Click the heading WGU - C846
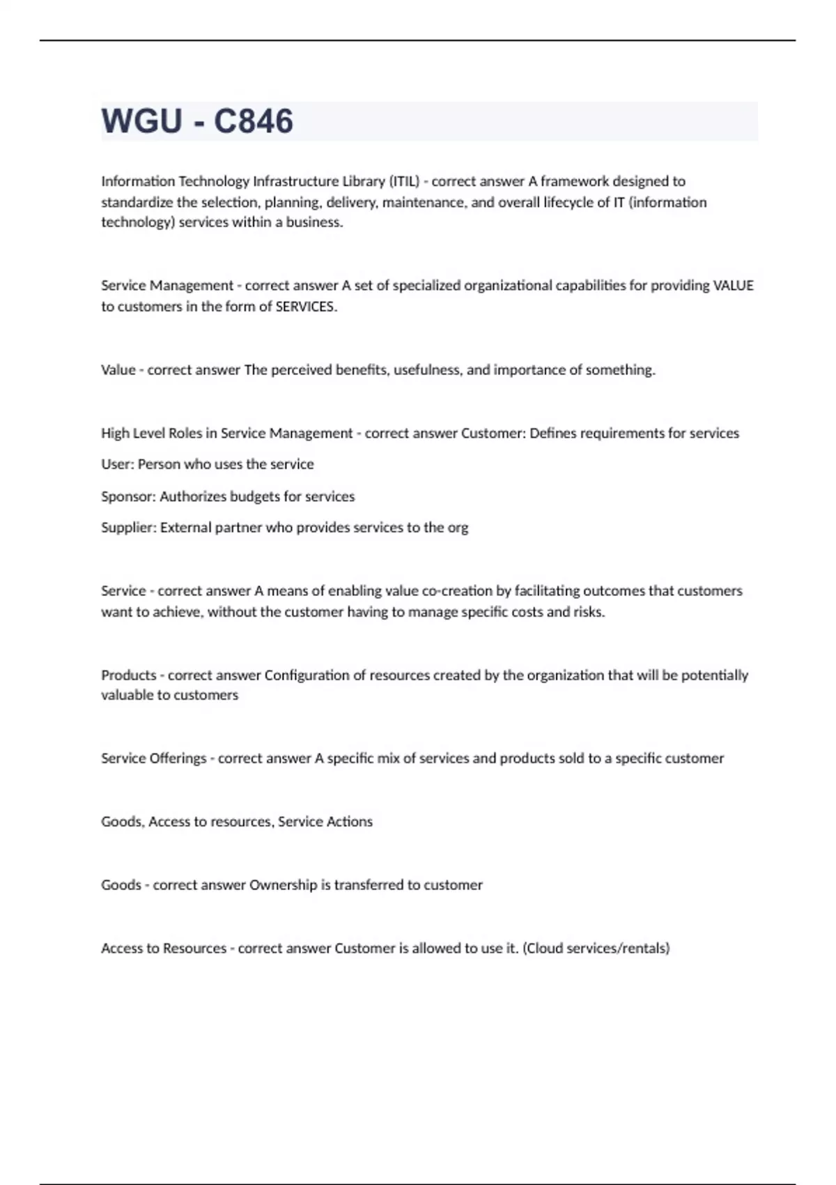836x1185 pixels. pyautogui.click(x=197, y=121)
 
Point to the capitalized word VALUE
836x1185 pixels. pyautogui.click(x=734, y=286)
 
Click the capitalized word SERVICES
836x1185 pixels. pyautogui.click(x=306, y=307)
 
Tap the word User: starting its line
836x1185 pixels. pyautogui.click(x=118, y=464)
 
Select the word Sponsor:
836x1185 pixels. pyautogui.click(x=128, y=496)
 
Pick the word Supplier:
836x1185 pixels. pyautogui.click(x=129, y=528)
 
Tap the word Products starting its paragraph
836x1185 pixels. pyautogui.click(x=129, y=675)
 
